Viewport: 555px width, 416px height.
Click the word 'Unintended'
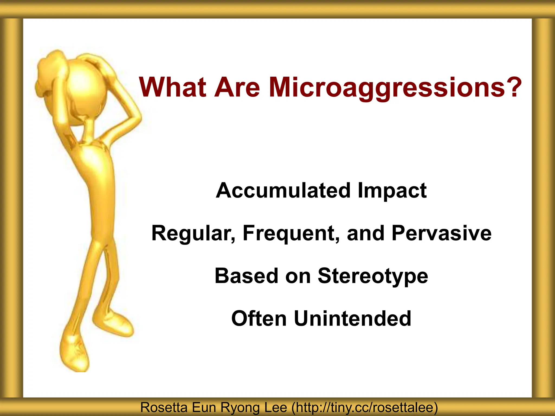pos(353,318)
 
